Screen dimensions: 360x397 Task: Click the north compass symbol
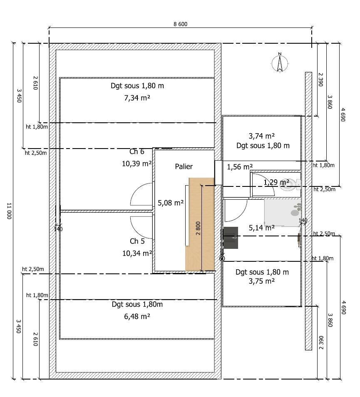(280, 63)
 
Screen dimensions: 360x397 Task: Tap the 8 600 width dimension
(181, 24)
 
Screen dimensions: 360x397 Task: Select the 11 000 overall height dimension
(9, 211)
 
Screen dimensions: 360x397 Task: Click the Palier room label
(184, 166)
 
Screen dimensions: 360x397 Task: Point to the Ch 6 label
(137, 151)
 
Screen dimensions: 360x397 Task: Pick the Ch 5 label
(137, 241)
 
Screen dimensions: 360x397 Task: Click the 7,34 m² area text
(137, 98)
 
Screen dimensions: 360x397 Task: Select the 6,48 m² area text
(137, 316)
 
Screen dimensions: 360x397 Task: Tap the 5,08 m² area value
(171, 203)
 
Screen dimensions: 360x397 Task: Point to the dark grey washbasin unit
(231, 238)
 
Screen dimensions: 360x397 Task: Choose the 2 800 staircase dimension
(198, 228)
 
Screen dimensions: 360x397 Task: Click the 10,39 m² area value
(137, 164)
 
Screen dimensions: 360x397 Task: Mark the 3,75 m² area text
(261, 281)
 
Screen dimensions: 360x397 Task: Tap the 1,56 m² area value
(239, 167)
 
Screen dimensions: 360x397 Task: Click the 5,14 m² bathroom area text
(261, 228)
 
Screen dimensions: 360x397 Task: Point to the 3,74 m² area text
(261, 136)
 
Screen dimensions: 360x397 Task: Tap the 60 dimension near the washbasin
(222, 258)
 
